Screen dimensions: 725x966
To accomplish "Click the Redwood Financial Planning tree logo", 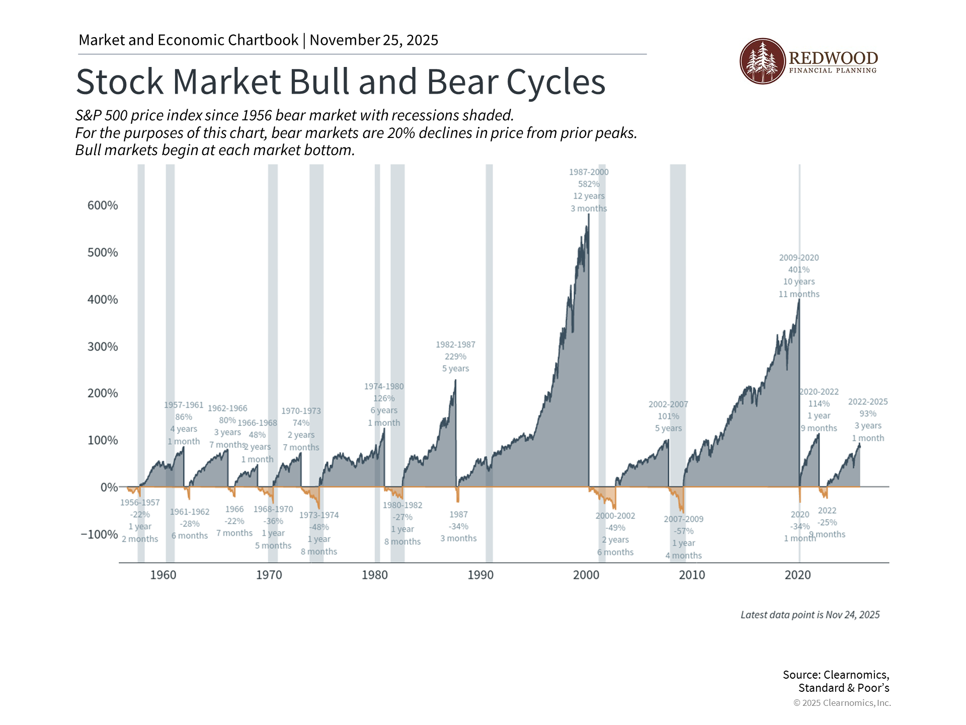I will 762,61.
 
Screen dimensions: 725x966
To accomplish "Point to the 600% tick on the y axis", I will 103,205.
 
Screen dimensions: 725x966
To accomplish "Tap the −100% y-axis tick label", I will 100,534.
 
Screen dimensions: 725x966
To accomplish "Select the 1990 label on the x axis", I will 480,575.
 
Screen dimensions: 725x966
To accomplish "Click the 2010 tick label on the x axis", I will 692,575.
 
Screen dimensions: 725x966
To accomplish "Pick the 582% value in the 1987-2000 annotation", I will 589,184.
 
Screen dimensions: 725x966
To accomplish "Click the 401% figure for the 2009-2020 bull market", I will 799,270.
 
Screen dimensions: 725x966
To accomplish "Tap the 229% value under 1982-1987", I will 455,356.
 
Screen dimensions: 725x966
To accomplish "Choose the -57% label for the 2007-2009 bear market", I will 683,531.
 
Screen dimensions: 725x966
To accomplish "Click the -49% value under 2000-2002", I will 615,528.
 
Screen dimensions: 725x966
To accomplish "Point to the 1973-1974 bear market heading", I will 319,515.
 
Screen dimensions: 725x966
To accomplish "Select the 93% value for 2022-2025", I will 868,414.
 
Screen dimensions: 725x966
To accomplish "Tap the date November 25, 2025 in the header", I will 374,40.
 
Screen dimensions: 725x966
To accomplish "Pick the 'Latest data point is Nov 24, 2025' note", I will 810,615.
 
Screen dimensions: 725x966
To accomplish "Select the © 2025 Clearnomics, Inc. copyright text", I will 842,703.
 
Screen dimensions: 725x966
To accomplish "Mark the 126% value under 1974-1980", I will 384,399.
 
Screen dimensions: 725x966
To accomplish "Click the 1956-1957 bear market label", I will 140,502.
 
